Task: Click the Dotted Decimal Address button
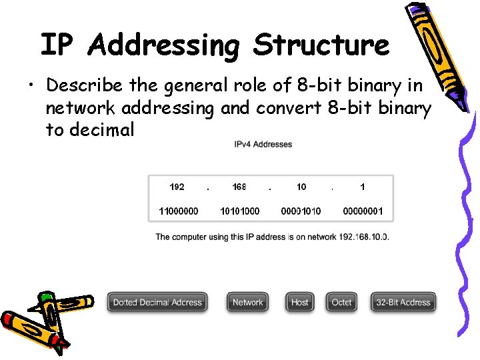pos(157,302)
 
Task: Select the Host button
pos(300,302)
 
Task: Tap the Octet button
pos(341,302)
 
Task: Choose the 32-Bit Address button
pos(403,302)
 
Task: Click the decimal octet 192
pos(177,187)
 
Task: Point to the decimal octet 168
pos(239,187)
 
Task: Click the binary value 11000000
pos(178,211)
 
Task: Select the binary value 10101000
pos(239,211)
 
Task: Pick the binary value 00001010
pos(301,211)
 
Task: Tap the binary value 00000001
pos(363,211)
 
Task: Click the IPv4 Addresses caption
pos(263,144)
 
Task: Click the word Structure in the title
pos(321,45)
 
